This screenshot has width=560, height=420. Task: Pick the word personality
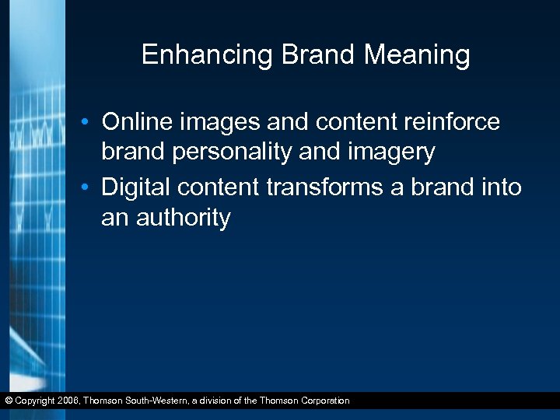click(233, 152)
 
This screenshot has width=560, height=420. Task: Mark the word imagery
click(389, 152)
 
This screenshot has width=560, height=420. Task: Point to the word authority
click(184, 218)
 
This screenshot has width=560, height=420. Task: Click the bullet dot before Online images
click(91, 124)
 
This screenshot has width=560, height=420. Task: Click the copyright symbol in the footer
click(8, 401)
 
